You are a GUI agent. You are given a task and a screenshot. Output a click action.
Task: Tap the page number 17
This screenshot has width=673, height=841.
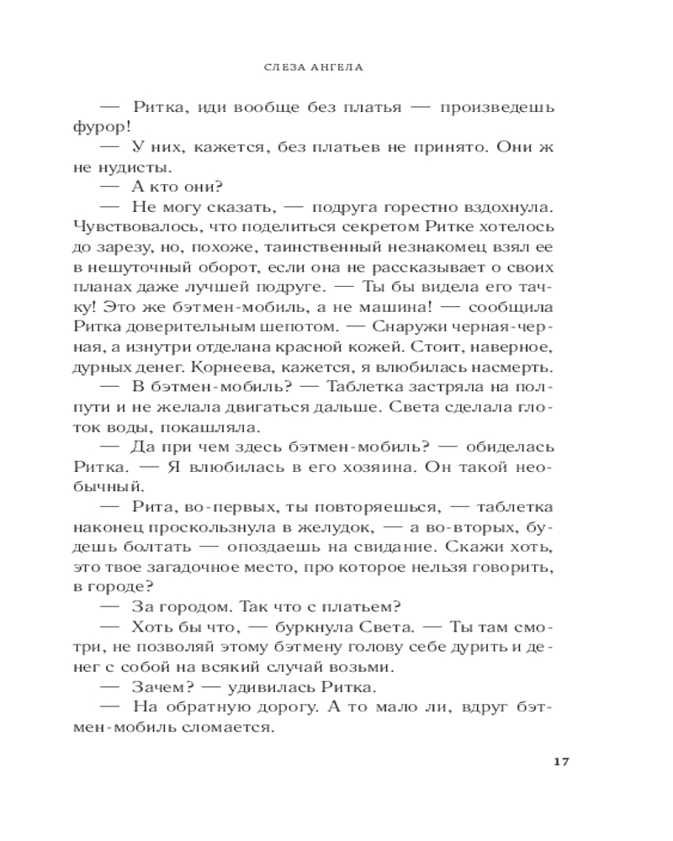click(x=563, y=762)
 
